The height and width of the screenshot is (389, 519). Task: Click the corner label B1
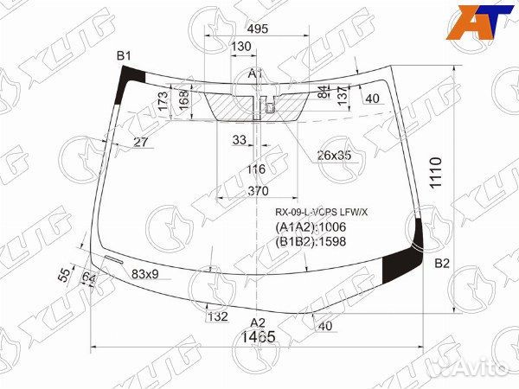(x=125, y=57)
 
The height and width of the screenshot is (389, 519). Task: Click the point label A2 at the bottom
(x=258, y=322)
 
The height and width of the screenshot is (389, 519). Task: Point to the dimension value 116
(x=256, y=169)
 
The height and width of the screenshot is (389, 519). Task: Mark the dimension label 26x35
(x=335, y=156)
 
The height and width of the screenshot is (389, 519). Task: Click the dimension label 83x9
(x=145, y=274)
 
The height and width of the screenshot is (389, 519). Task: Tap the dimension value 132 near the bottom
(x=217, y=317)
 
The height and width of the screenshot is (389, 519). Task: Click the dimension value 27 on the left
(x=141, y=143)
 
